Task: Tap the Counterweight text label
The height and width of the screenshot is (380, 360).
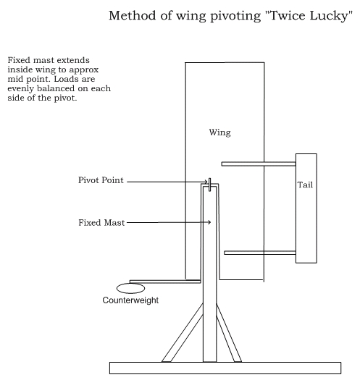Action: click(130, 300)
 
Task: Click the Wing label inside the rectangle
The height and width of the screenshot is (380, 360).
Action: click(219, 132)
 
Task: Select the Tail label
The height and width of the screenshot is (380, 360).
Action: click(305, 185)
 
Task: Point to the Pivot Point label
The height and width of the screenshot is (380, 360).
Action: click(101, 180)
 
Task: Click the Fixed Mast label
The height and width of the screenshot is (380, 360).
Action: click(101, 223)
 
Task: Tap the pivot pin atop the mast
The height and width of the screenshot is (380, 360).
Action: click(210, 185)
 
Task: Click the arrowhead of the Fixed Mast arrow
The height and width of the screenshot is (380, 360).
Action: click(209, 222)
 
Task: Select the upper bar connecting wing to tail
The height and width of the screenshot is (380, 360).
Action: click(259, 164)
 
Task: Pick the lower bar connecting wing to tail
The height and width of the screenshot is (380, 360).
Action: click(260, 253)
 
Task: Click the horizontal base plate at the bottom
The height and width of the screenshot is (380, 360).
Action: click(225, 368)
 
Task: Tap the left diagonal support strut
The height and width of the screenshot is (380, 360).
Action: click(183, 333)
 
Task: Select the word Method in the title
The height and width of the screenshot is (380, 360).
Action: click(132, 15)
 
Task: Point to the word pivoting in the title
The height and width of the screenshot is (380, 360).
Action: click(235, 16)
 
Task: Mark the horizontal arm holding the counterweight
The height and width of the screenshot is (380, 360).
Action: click(165, 282)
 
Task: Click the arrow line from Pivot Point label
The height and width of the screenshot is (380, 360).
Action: click(167, 182)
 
